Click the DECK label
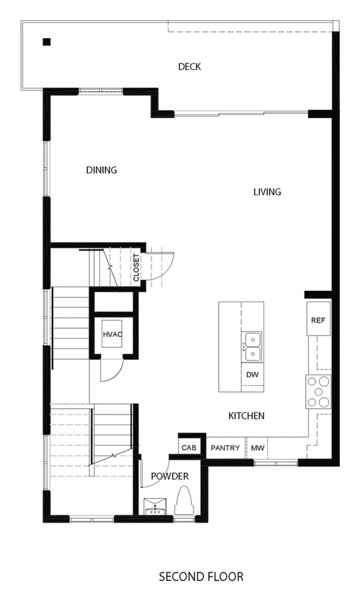click(189, 67)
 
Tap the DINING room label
click(102, 170)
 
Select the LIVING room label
click(267, 191)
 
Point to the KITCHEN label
click(246, 416)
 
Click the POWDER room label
click(169, 476)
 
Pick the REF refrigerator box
click(318, 319)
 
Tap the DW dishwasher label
click(252, 375)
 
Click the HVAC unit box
click(112, 334)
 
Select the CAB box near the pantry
click(189, 447)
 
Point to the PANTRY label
click(225, 448)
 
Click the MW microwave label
click(257, 448)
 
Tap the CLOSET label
click(137, 268)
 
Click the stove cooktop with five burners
click(318, 392)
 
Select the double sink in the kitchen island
click(253, 346)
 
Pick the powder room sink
click(155, 506)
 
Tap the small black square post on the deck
click(47, 42)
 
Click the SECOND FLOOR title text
click(201, 577)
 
